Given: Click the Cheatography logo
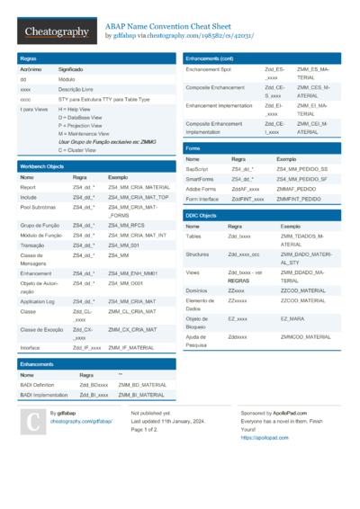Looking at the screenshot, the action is (x=56, y=32).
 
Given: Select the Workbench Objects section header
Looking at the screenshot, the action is (x=42, y=166).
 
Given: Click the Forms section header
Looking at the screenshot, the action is (x=193, y=147).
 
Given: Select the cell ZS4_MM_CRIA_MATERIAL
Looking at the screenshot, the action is (x=139, y=187).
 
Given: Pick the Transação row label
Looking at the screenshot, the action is (x=33, y=244).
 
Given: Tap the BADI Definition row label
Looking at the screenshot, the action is (x=40, y=385).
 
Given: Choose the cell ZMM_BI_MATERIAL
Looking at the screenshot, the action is (x=141, y=395).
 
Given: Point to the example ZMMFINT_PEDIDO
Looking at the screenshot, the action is (x=299, y=198).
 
